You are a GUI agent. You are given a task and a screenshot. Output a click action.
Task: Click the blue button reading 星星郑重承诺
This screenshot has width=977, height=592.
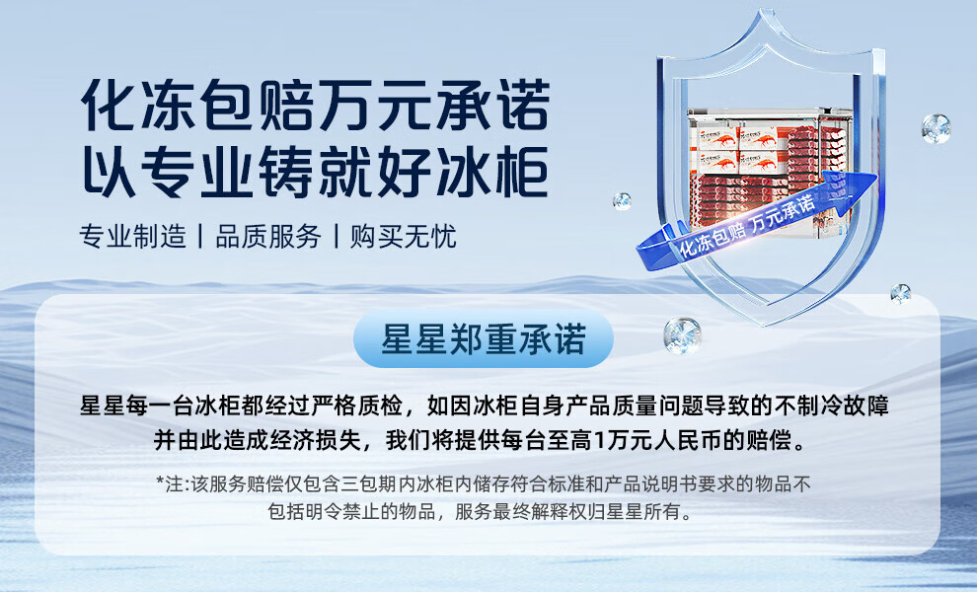pyautogui.click(x=484, y=339)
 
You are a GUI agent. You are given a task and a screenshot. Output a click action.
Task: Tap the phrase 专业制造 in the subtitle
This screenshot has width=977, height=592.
pyautogui.click(x=132, y=237)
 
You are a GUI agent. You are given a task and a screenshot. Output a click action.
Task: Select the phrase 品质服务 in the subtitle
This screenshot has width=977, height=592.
pyautogui.click(x=267, y=237)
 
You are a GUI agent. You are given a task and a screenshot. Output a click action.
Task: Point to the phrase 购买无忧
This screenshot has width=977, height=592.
pyautogui.click(x=403, y=237)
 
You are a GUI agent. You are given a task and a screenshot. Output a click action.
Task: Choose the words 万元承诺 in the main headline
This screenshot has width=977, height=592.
pyautogui.click(x=434, y=106)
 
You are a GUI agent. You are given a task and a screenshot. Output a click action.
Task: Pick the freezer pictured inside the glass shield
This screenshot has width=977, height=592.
pyautogui.click(x=769, y=172)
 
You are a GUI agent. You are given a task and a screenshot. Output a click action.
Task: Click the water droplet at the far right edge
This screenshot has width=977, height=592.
pyautogui.click(x=936, y=128)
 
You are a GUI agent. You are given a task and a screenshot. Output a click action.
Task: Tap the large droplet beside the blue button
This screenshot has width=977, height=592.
pyautogui.click(x=682, y=335)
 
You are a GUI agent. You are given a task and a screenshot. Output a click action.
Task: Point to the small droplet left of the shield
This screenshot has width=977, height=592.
pyautogui.click(x=622, y=200)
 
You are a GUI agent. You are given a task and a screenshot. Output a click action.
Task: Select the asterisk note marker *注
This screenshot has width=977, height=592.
pyautogui.click(x=170, y=484)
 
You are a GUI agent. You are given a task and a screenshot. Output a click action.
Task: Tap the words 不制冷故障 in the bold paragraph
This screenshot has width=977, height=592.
pyautogui.click(x=832, y=407)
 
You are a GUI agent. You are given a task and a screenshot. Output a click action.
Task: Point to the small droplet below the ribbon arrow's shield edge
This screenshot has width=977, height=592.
pyautogui.click(x=900, y=292)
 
